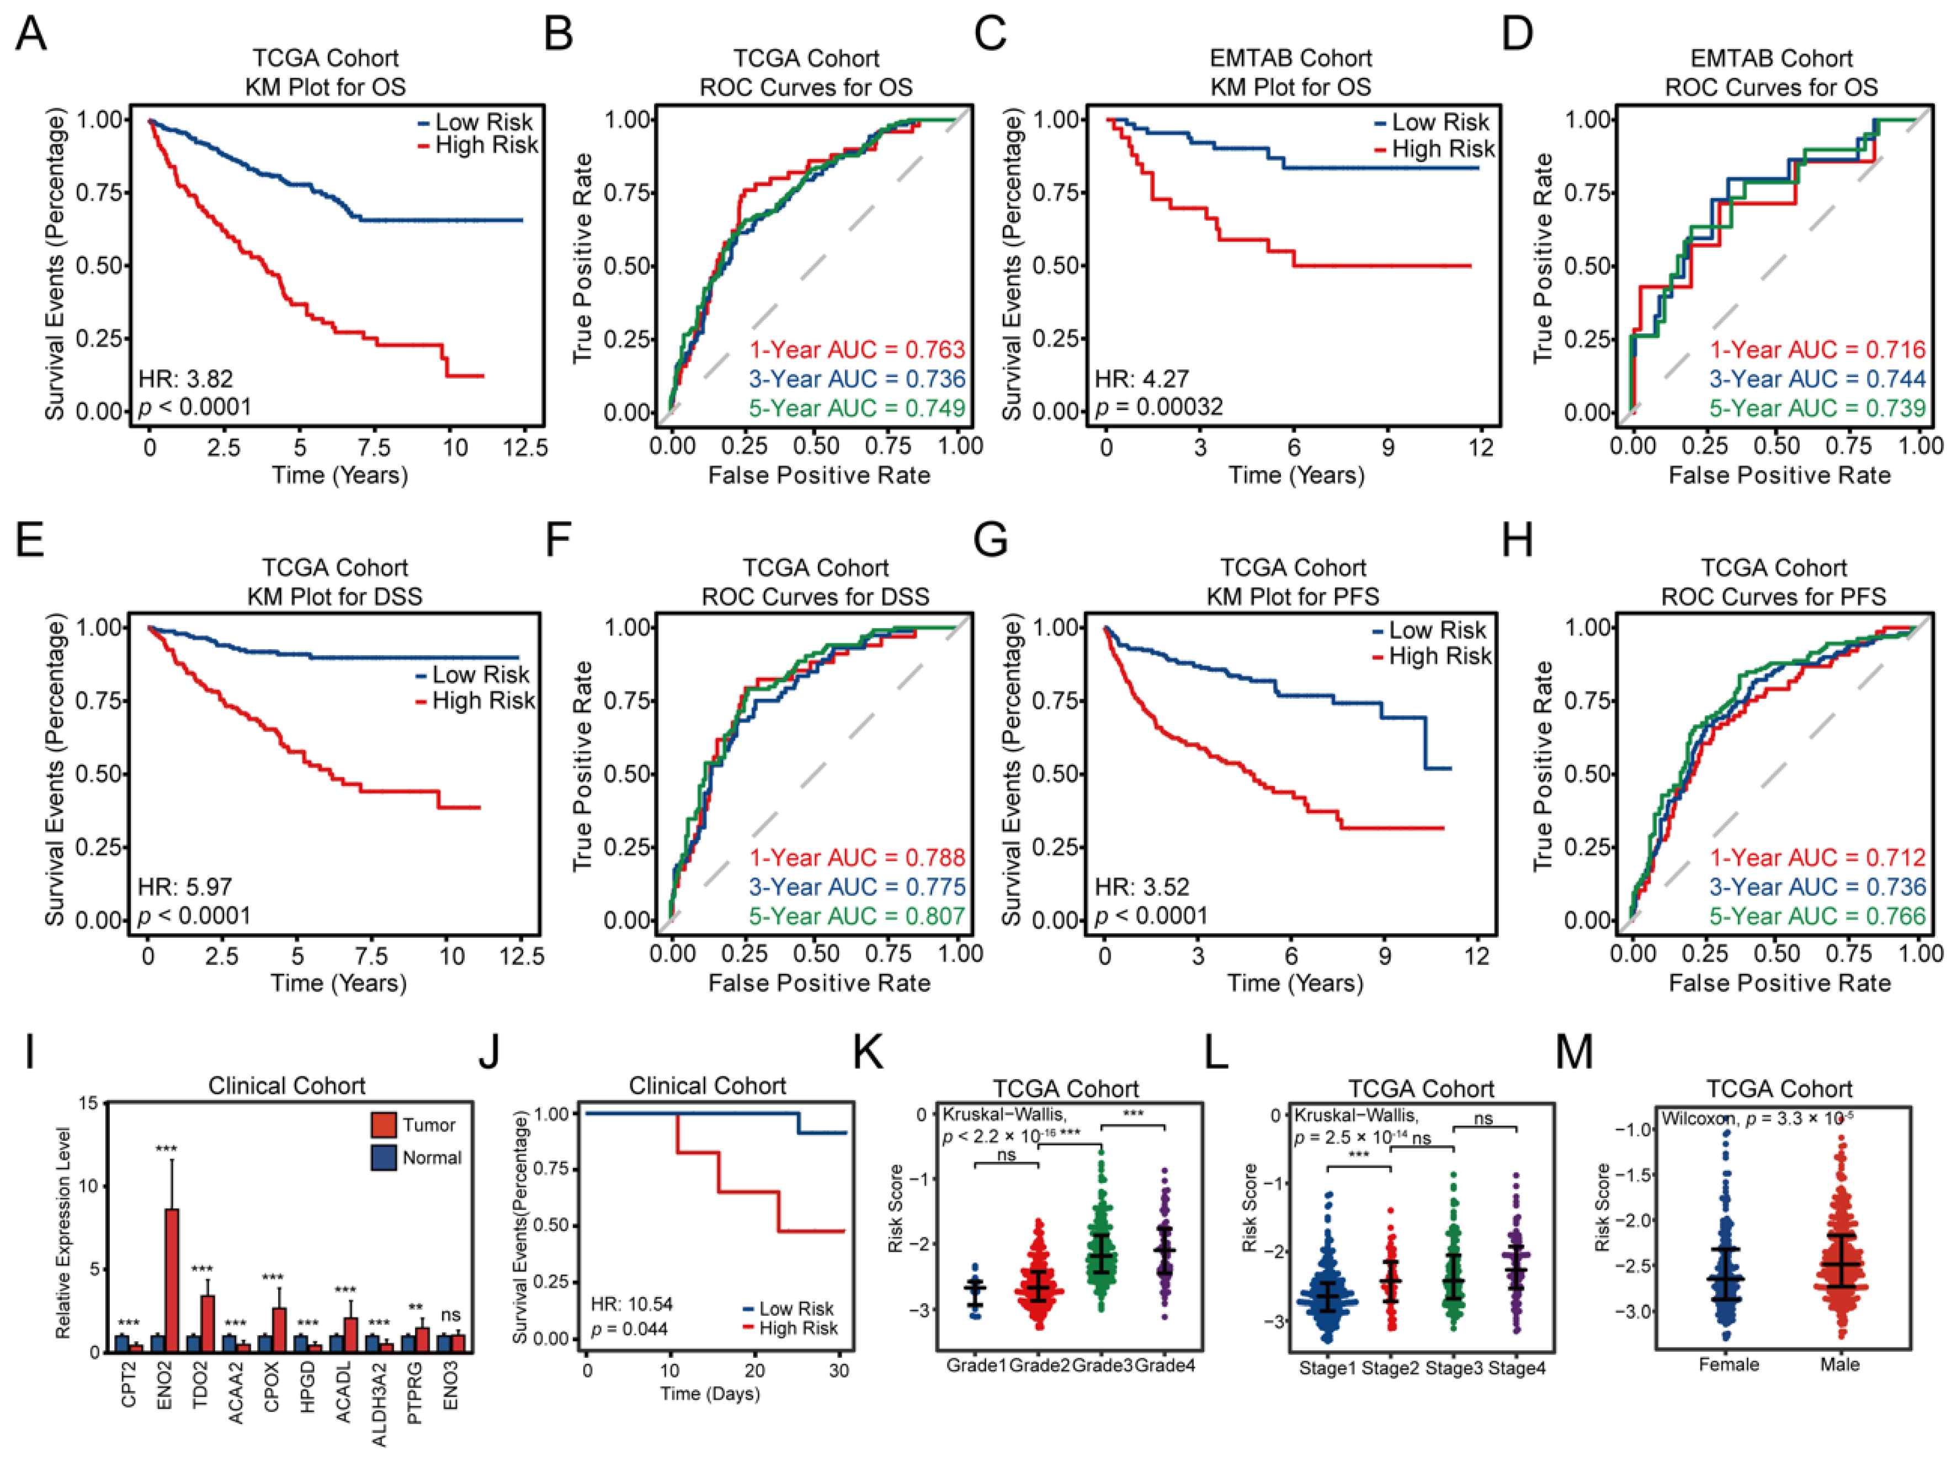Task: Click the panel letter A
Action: [31, 35]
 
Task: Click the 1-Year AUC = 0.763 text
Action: [857, 349]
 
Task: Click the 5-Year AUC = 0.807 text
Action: [857, 916]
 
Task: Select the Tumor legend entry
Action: [428, 1125]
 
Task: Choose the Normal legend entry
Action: [431, 1158]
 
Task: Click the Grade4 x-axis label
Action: [1165, 1365]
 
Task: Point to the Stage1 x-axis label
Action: [1327, 1369]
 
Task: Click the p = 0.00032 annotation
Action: [1159, 407]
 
